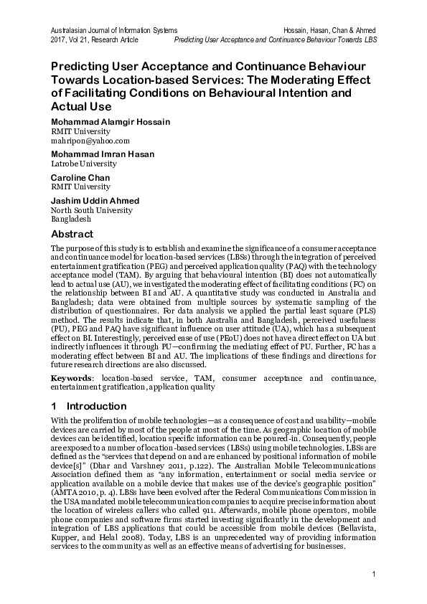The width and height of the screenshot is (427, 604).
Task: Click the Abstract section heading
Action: pyautogui.click(x=71, y=235)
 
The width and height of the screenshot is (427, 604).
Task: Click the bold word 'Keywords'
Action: pyautogui.click(x=72, y=378)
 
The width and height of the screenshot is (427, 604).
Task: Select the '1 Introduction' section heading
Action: pyautogui.click(x=88, y=407)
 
